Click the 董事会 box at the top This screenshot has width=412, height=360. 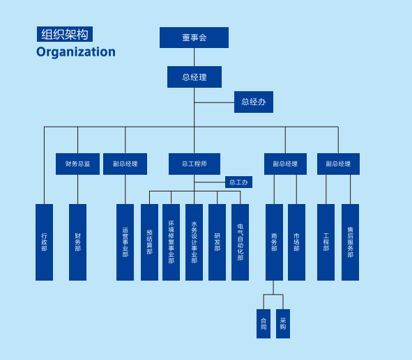(194, 38)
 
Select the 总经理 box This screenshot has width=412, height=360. (194, 77)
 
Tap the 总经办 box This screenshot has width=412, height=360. (254, 102)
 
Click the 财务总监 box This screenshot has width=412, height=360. (77, 164)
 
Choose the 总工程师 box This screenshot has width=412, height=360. (194, 164)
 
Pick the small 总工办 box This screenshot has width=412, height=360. (238, 182)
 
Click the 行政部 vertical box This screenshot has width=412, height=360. (44, 242)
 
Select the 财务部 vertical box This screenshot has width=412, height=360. (77, 242)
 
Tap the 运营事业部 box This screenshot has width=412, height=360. (125, 242)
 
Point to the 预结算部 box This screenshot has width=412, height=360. (149, 242)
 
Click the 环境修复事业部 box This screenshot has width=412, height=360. (171, 242)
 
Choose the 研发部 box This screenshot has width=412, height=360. (217, 242)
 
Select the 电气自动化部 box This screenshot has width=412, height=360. (240, 242)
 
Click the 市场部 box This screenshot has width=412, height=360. (297, 242)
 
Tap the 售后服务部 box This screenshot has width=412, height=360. (350, 242)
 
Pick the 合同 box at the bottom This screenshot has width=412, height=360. (264, 324)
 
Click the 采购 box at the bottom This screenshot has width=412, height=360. (283, 324)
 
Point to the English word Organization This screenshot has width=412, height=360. (76, 52)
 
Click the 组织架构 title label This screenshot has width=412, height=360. (65, 34)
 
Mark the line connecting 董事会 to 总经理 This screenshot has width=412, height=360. (194, 57)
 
